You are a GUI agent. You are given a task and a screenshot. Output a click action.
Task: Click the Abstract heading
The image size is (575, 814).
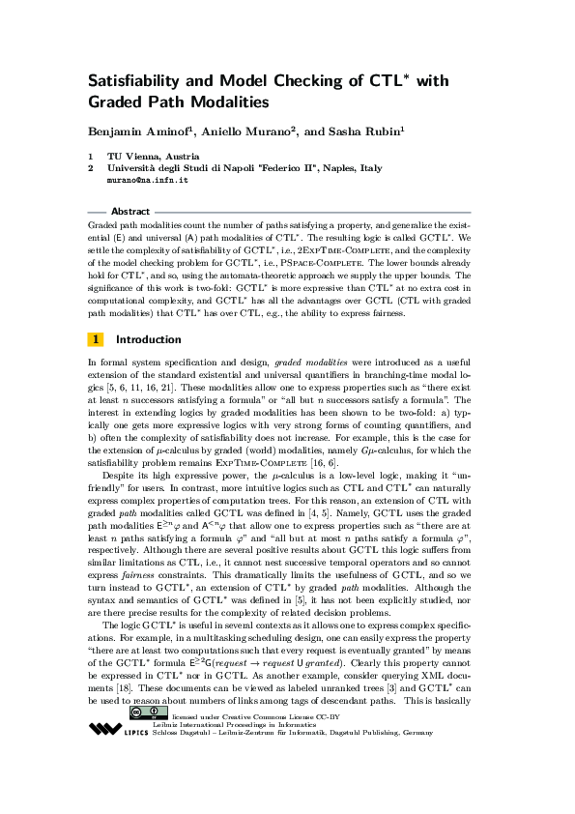(130, 211)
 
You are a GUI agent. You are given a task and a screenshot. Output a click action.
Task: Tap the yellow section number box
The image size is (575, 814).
(96, 339)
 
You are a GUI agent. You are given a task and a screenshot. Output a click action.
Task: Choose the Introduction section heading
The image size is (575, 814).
(148, 339)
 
